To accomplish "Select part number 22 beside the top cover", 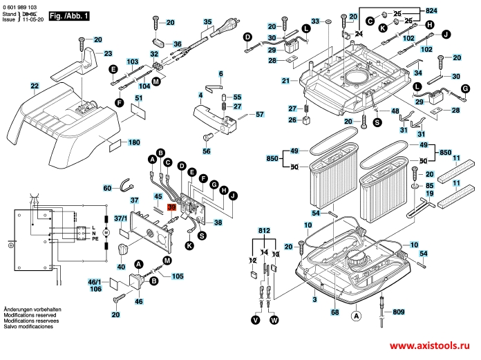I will click(x=34, y=86).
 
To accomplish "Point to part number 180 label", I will click(x=134, y=142).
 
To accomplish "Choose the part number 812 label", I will click(x=263, y=230).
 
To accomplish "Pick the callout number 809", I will click(x=399, y=312).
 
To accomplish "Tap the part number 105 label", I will click(x=177, y=276).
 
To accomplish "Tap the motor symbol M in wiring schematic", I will click(x=105, y=233).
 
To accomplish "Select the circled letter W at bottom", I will click(x=274, y=320).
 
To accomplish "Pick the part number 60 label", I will click(x=107, y=188).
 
